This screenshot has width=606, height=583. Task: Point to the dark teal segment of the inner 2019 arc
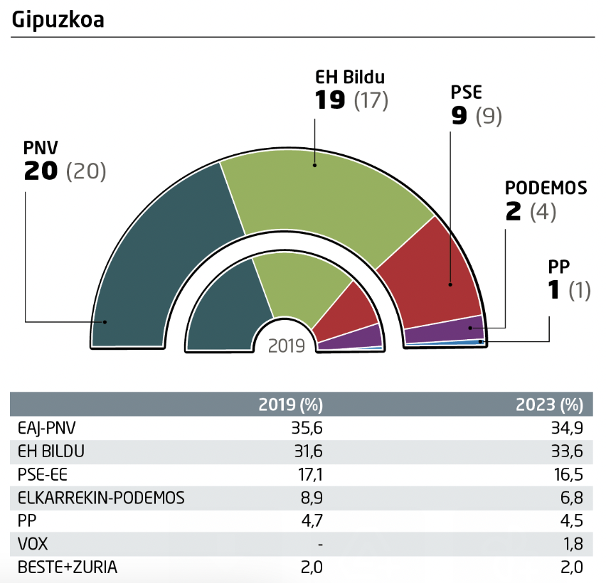coord(224,313)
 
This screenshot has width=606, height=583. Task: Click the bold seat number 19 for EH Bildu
coord(330,101)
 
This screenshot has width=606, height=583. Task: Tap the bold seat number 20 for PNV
coord(40,172)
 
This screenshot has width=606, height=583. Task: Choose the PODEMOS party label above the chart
coord(546,188)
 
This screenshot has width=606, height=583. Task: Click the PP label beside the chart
coord(559,267)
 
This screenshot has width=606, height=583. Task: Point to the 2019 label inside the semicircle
coord(287,346)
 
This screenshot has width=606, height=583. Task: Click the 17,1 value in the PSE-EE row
coord(310,475)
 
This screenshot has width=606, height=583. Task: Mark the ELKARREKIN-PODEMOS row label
coord(100,498)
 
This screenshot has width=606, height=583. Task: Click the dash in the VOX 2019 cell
coord(321,544)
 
